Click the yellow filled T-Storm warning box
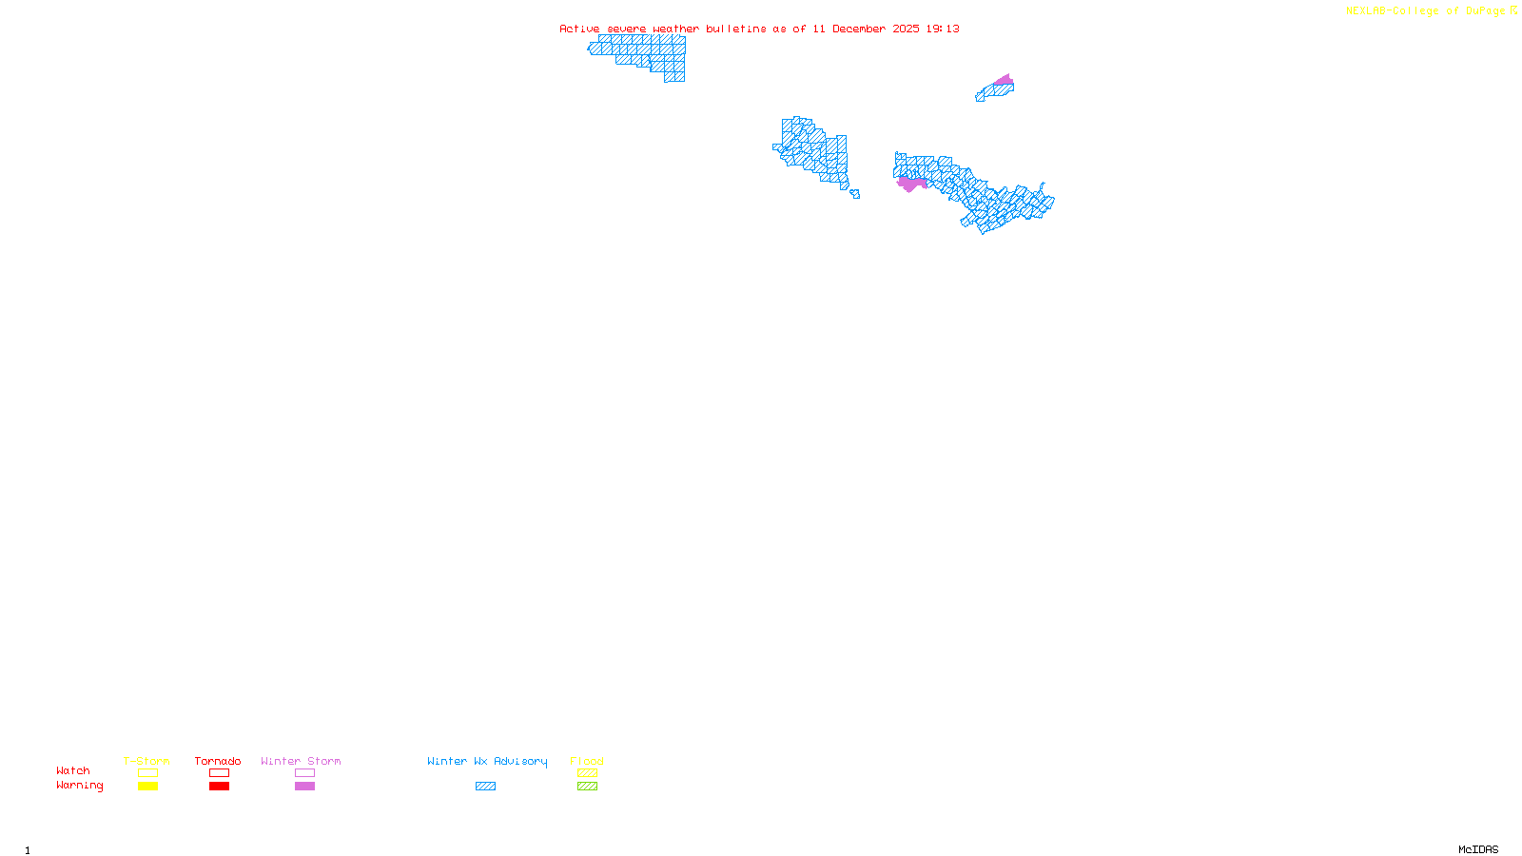tap(147, 787)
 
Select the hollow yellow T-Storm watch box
tap(147, 773)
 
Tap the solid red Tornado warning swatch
tap(219, 787)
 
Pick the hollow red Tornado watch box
tap(219, 773)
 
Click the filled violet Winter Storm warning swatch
tap(304, 787)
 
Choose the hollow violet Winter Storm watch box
tap(304, 773)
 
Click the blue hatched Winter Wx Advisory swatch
tap(485, 787)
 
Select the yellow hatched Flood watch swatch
tap(587, 773)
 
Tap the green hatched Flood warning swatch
tap(587, 787)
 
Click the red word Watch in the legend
tap(73, 770)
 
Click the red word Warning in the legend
tap(79, 786)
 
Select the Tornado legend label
tap(218, 761)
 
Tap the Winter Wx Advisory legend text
tap(487, 761)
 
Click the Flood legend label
tap(587, 761)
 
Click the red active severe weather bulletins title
tap(759, 29)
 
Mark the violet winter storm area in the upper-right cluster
tap(1004, 80)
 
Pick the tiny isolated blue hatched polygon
tap(855, 194)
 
